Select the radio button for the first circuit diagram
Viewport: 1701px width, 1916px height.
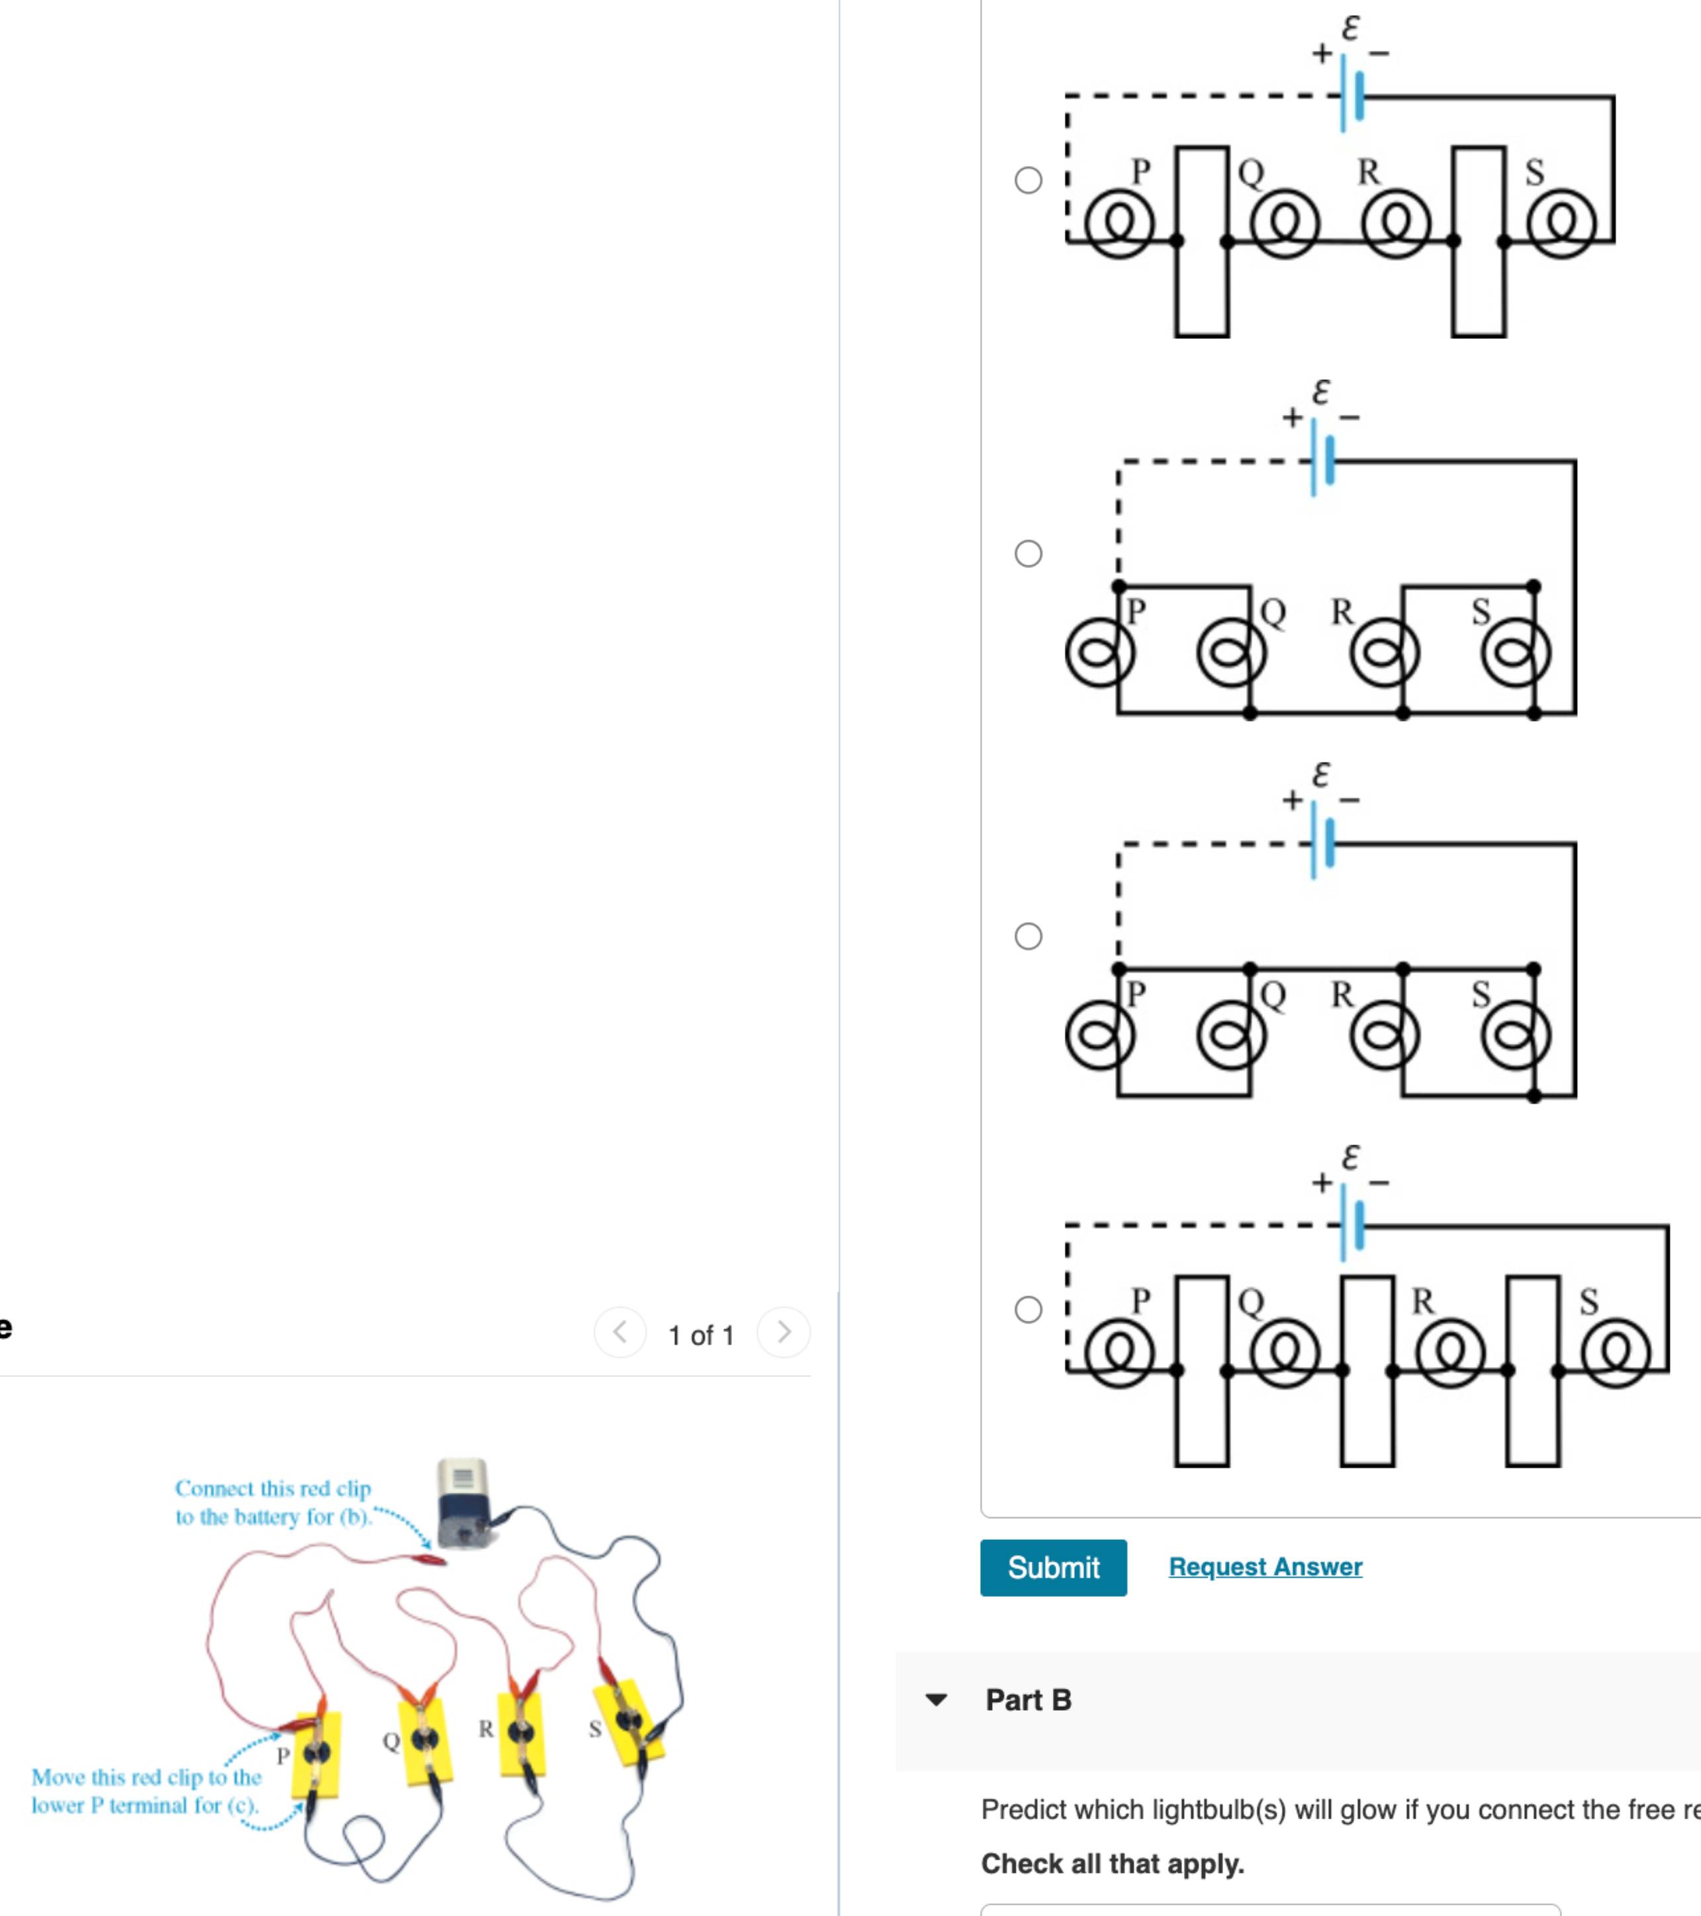(1028, 180)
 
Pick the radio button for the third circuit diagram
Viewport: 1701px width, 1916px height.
(1028, 935)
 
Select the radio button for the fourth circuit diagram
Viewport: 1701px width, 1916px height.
(1028, 1310)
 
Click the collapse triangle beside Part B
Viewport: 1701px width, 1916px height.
(935, 1700)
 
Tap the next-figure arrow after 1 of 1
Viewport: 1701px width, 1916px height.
(784, 1332)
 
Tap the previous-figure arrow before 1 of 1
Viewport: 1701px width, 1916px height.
(620, 1332)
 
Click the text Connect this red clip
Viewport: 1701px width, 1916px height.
(273, 1488)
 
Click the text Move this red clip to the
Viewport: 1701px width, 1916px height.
(146, 1777)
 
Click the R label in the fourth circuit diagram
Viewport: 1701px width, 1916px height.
(1422, 1301)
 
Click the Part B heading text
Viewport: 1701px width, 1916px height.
(1028, 1700)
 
